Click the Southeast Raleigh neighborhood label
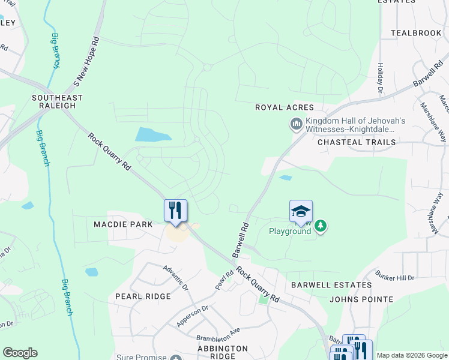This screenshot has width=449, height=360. (58, 101)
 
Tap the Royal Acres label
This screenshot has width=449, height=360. (285, 107)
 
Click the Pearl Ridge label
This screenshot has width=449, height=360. (143, 296)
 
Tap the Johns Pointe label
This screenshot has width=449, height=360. (361, 299)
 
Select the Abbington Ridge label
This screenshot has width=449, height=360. (223, 352)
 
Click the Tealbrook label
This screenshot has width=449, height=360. (416, 33)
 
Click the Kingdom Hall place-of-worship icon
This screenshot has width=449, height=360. (295, 125)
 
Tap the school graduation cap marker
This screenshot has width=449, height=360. (301, 211)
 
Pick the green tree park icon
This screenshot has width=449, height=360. (321, 226)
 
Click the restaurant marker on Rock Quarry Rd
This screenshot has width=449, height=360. (175, 211)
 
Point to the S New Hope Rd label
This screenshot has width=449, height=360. (85, 58)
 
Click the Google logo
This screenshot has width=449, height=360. (20, 353)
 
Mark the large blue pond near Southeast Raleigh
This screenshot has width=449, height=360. (155, 134)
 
